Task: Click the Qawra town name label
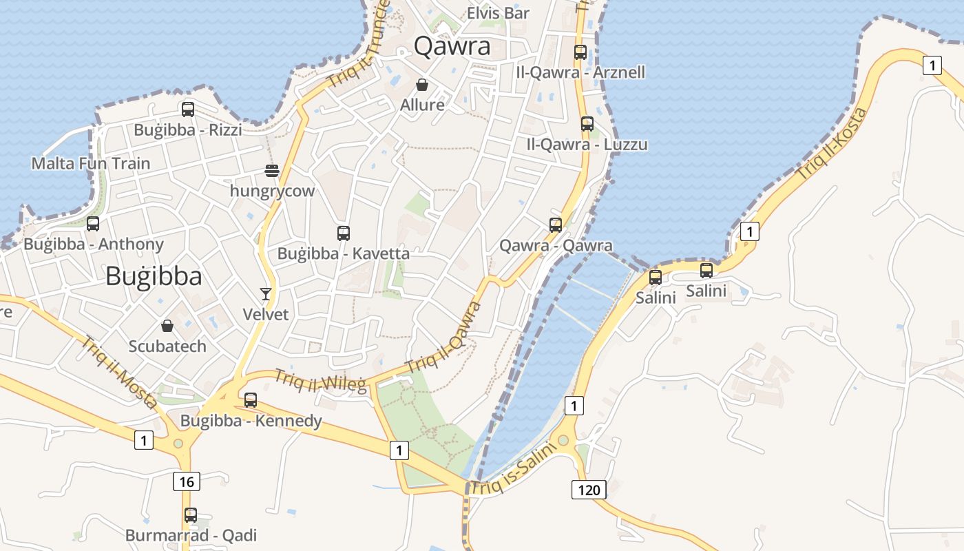point(452,46)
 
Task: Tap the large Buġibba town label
point(154,276)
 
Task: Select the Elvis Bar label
point(498,13)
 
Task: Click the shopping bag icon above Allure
point(422,85)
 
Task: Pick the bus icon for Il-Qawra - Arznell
point(580,52)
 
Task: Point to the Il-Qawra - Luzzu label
point(587,145)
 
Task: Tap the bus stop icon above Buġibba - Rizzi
point(187,109)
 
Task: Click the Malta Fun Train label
point(91,163)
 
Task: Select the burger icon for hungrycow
point(273,170)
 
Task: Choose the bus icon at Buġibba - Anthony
point(93,223)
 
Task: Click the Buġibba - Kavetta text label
point(343,253)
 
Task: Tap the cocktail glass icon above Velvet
point(266,294)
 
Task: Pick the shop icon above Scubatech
point(167,325)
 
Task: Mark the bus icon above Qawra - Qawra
point(556,225)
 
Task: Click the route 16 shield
point(187,481)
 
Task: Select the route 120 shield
point(589,490)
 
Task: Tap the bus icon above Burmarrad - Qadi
point(191,514)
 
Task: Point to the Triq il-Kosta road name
point(832,144)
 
